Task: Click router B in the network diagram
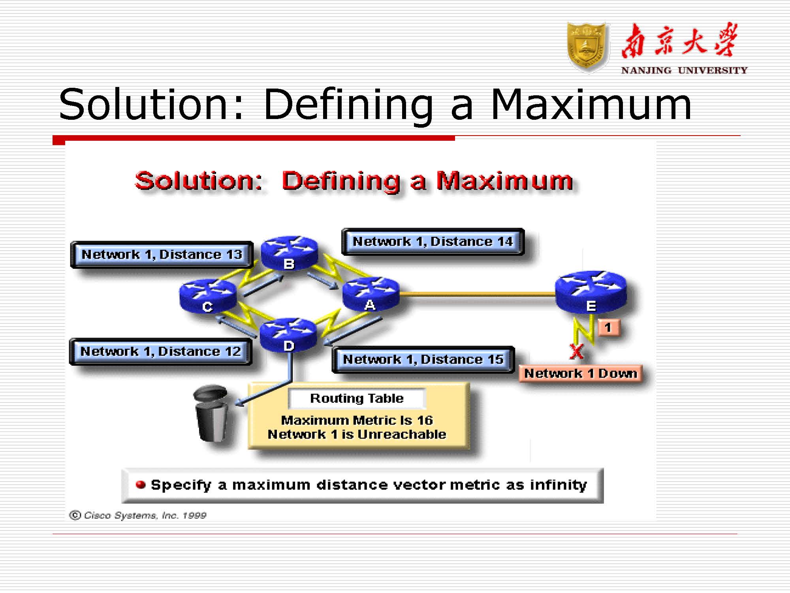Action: coord(290,253)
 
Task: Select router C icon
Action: coord(208,296)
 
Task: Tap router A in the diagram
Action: coord(371,294)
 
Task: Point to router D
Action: coord(288,335)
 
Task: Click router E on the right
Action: coord(591,292)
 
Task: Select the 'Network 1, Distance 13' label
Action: coord(162,255)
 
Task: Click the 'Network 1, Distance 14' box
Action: coord(433,242)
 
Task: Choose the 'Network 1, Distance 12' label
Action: coord(160,351)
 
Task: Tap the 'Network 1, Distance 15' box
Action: coord(423,359)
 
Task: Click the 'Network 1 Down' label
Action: coord(581,374)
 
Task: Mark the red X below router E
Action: coord(576,351)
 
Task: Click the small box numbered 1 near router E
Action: coord(608,328)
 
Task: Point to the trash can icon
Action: coord(211,414)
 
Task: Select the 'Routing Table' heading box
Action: coord(357,398)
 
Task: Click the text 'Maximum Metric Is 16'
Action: coord(357,420)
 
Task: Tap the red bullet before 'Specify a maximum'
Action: coord(141,484)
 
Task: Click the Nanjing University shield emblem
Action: coord(587,47)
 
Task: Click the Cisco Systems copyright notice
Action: coord(138,515)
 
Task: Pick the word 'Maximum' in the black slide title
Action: coord(591,104)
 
